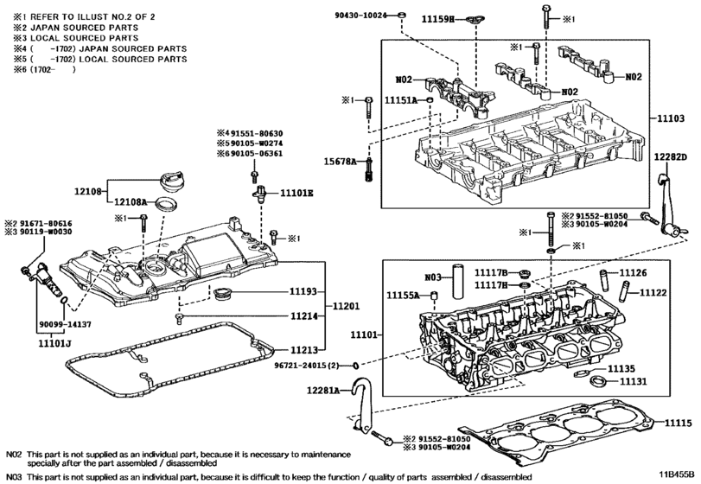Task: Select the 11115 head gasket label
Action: pos(679,422)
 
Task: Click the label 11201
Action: pos(344,306)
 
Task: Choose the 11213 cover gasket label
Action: pos(304,350)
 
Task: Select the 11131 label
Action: pos(633,380)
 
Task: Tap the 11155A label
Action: pos(402,295)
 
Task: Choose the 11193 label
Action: pos(304,293)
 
